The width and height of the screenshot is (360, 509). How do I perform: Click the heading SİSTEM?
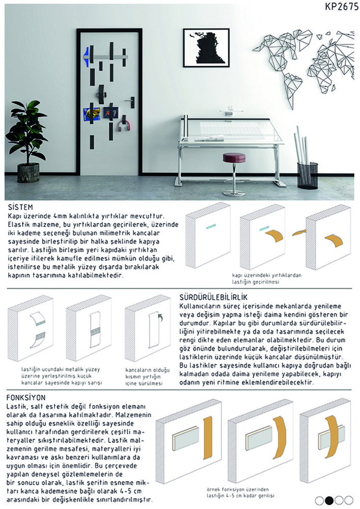(x=21, y=208)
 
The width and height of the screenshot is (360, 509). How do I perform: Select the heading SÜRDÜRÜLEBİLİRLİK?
(x=214, y=297)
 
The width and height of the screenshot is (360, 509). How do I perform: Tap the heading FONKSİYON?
(x=27, y=397)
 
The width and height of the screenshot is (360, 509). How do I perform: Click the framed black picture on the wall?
(x=206, y=48)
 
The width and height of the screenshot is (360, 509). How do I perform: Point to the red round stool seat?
(x=234, y=158)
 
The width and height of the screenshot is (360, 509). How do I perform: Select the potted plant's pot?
(x=28, y=173)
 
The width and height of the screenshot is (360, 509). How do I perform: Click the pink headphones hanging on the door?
(x=124, y=125)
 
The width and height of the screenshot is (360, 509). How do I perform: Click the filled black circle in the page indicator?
(x=329, y=500)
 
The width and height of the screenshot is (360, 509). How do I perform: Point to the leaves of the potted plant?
(x=26, y=130)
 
